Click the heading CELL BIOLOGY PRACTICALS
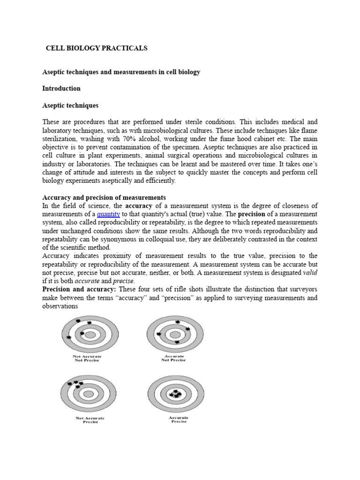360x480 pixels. click(x=96, y=48)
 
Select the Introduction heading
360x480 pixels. click(x=61, y=88)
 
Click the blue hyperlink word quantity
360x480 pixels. click(x=109, y=214)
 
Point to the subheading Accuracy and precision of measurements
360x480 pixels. click(x=104, y=197)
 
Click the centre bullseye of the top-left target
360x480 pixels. click(x=89, y=335)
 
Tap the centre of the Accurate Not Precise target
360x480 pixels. click(x=175, y=335)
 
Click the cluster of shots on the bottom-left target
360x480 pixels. click(x=75, y=383)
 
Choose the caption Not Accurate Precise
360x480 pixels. click(x=90, y=420)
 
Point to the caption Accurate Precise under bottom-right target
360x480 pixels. click(x=179, y=419)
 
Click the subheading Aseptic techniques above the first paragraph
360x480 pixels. click(x=70, y=105)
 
